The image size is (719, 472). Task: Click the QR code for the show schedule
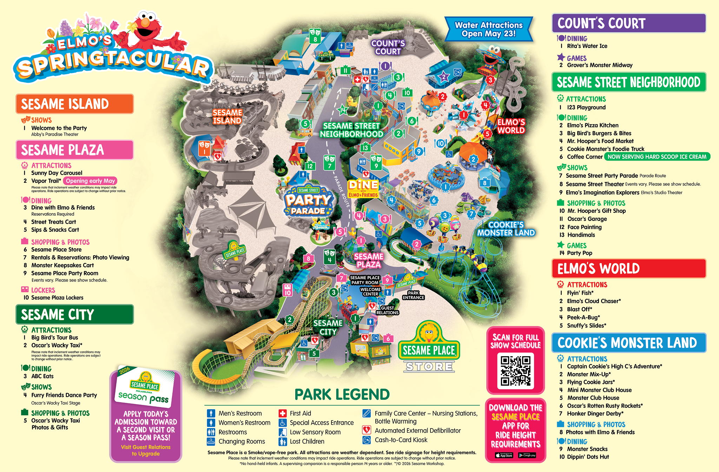[x=515, y=371]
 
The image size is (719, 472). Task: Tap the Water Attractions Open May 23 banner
[x=489, y=29]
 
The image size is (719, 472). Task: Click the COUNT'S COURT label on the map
[x=388, y=47]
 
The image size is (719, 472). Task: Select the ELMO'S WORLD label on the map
[x=511, y=126]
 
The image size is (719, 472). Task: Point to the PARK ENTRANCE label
[x=413, y=295]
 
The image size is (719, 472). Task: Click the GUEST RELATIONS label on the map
[x=387, y=310]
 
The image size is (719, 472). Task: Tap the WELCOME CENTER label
[x=370, y=292]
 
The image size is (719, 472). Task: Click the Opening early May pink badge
[x=90, y=181]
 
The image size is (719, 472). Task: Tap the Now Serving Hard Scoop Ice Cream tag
[x=657, y=157]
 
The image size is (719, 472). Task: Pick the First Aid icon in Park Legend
[x=282, y=413]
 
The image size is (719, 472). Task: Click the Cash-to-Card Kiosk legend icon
[x=367, y=440]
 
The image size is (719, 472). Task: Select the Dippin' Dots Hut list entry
[x=588, y=457]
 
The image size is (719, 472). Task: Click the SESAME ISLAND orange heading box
[x=74, y=104]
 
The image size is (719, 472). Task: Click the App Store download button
[x=504, y=456]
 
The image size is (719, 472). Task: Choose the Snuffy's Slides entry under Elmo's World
[x=586, y=325]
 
